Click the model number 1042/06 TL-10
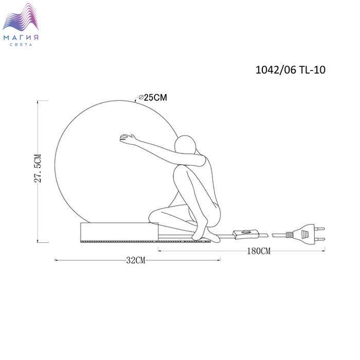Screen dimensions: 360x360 291,70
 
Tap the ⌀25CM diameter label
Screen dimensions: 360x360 153,98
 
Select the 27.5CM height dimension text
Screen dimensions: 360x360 38,168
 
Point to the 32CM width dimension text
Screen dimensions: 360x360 136,260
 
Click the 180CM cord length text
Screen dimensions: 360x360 259,251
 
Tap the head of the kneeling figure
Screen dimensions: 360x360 185,145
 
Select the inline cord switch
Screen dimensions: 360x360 246,234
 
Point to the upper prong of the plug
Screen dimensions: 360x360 319,229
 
